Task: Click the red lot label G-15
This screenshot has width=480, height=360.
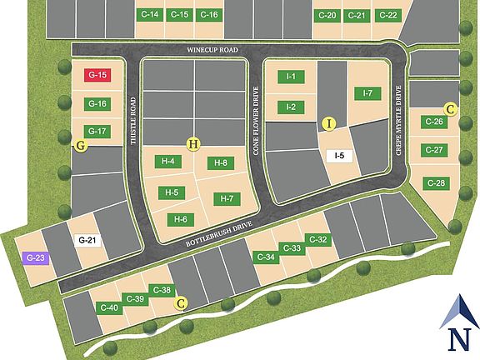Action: click(x=97, y=75)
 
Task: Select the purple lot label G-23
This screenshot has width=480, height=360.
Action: click(x=35, y=258)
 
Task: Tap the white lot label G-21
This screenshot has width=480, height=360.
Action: click(x=87, y=242)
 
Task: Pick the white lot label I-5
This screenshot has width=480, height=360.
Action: click(x=339, y=155)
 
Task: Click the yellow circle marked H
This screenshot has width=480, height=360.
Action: click(x=194, y=144)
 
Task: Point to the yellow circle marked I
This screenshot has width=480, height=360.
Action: click(x=329, y=124)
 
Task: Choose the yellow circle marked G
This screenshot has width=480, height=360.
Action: click(x=81, y=146)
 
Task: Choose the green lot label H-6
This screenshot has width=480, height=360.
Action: click(x=180, y=219)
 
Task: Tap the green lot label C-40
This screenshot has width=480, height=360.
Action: click(x=109, y=308)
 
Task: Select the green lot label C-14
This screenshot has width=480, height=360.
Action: click(x=150, y=15)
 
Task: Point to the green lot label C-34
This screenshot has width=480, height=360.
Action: click(x=266, y=257)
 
